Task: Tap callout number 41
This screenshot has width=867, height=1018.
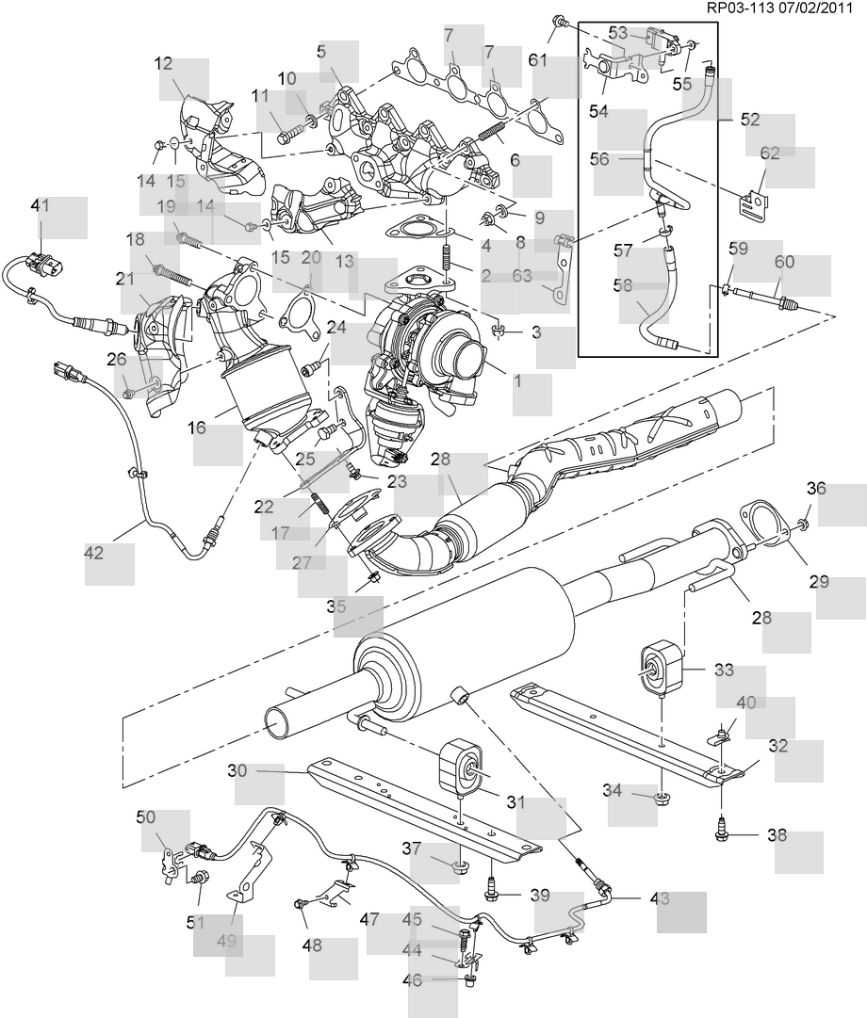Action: point(40,204)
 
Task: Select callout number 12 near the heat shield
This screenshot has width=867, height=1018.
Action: point(164,65)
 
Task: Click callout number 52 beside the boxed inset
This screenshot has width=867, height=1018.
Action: point(750,120)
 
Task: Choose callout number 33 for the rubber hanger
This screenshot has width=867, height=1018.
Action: point(724,671)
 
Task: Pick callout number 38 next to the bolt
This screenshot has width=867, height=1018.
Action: point(777,834)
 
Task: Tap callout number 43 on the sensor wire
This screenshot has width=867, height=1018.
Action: point(659,898)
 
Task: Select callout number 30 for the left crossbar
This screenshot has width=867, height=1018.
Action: point(237,769)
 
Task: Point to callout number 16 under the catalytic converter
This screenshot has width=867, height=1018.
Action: point(196,428)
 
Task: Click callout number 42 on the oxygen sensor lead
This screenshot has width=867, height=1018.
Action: point(93,554)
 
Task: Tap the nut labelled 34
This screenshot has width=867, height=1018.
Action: point(662,800)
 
